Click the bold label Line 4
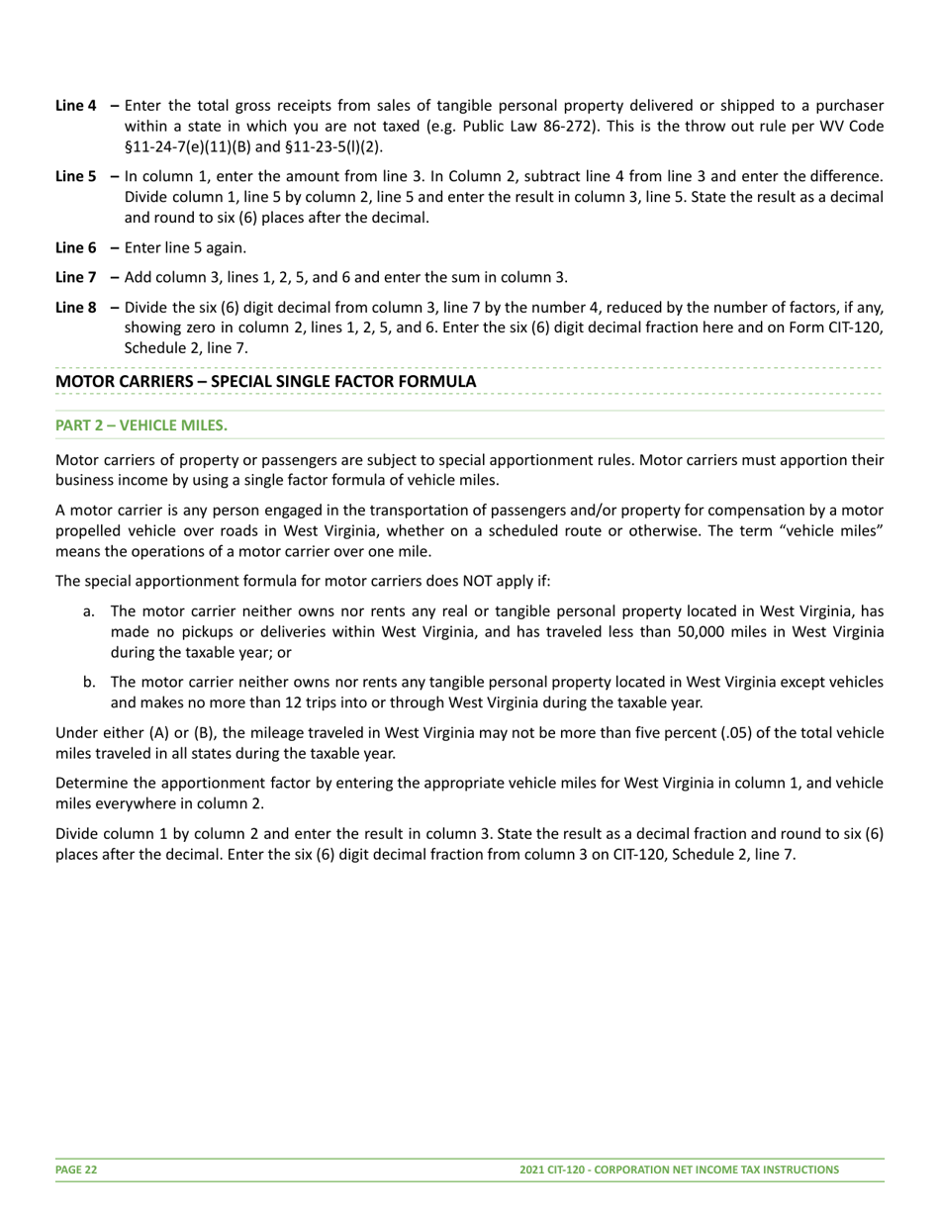point(75,105)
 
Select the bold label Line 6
point(75,247)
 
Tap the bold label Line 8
point(75,307)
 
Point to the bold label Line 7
point(75,277)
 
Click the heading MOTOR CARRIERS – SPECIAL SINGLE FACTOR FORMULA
point(265,381)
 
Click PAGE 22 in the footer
point(76,1170)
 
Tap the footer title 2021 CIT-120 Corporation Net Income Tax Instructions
point(679,1170)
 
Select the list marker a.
point(89,610)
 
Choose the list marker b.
point(89,682)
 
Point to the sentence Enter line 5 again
point(185,247)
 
